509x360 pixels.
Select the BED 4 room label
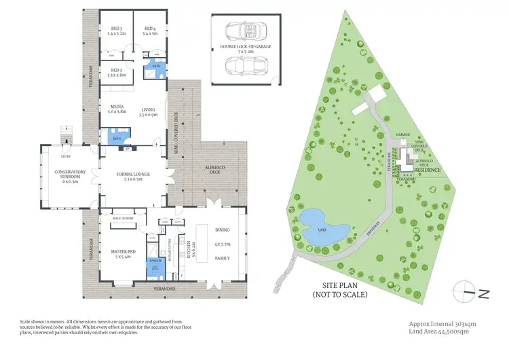(x=150, y=30)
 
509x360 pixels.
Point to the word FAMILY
(x=223, y=258)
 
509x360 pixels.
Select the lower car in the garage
(x=244, y=67)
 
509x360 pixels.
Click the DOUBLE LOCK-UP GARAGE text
(x=244, y=48)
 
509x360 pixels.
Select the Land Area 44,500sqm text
(x=439, y=331)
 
